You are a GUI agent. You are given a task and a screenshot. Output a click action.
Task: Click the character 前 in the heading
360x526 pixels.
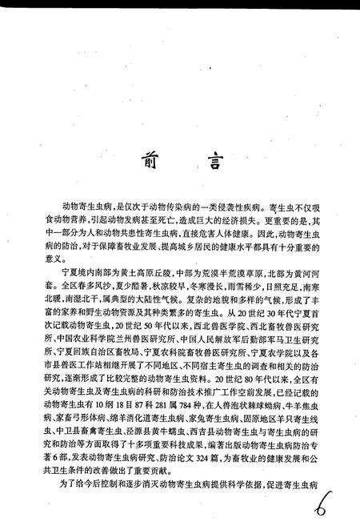[x=154, y=161]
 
